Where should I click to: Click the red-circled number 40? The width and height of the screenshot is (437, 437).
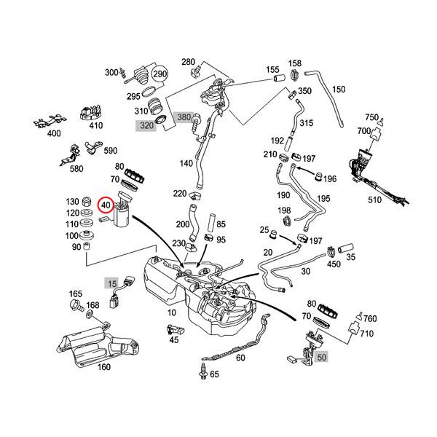(106, 206)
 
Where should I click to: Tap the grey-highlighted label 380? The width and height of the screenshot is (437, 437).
(184, 117)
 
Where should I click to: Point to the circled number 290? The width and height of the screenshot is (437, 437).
(160, 75)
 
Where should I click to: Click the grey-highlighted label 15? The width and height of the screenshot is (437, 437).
(111, 282)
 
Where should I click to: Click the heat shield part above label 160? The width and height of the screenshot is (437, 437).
(95, 343)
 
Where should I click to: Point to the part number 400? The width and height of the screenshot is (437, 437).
(54, 134)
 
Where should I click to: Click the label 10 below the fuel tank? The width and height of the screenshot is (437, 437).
(171, 312)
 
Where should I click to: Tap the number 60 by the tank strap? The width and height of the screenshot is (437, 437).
(240, 358)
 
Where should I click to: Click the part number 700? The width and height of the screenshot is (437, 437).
(361, 132)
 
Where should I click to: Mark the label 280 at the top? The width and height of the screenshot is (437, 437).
(188, 63)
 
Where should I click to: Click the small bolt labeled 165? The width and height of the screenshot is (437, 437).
(76, 294)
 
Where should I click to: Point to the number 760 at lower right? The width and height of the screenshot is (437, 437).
(370, 318)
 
